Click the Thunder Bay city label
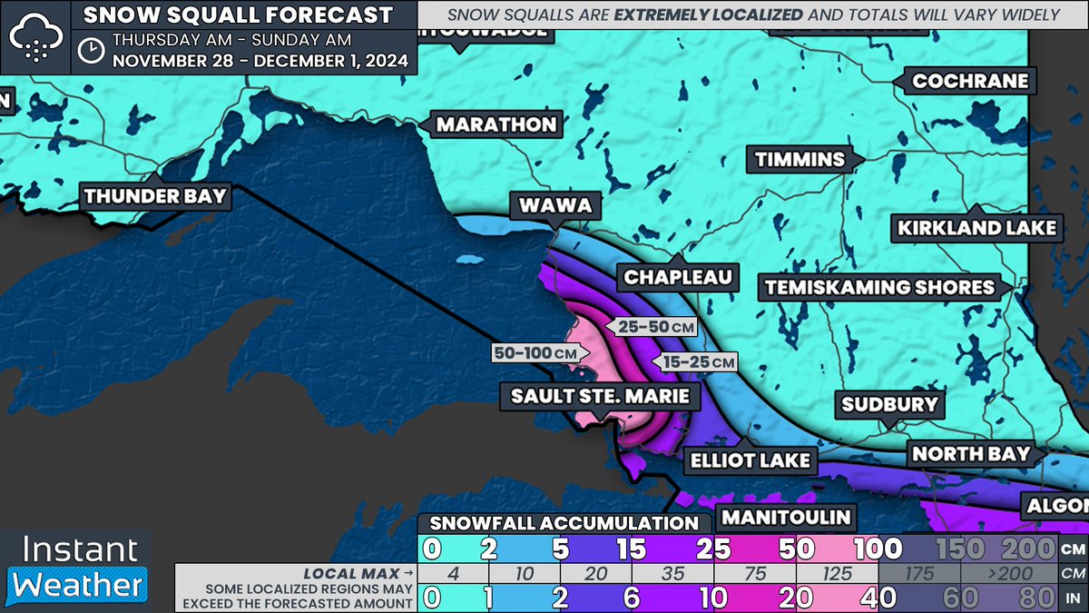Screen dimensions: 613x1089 point(156,195)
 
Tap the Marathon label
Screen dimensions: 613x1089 point(495,124)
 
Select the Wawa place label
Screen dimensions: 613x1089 point(554,206)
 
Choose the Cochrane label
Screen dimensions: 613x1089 point(970,81)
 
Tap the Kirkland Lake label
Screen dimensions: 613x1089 point(976,228)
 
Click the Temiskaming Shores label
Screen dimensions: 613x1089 point(879,287)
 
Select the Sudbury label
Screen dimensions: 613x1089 point(889,404)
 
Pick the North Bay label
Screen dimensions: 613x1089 point(970,453)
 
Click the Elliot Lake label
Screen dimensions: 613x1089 point(750,460)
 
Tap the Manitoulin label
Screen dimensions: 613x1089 point(787,518)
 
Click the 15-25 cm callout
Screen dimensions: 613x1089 point(698,361)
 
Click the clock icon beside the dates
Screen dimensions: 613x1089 point(91,50)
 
